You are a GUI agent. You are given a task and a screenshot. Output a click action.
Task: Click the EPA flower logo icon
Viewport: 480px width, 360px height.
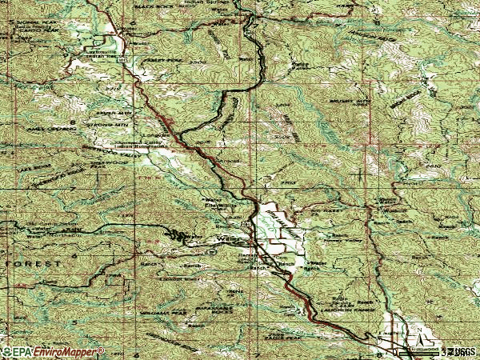[7, 352]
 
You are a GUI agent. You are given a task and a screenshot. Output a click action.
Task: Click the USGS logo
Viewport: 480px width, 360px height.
[462, 351]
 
